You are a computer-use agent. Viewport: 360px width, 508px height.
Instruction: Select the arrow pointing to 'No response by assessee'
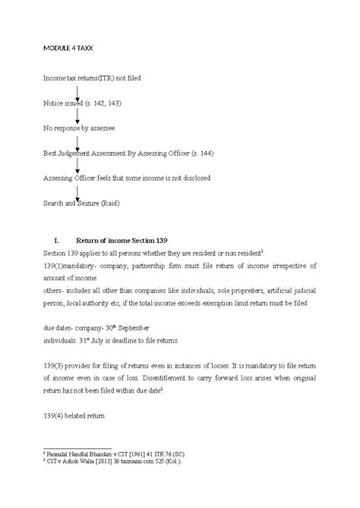[x=78, y=117]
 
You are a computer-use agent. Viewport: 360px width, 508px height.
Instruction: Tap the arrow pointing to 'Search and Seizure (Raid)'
[x=78, y=192]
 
